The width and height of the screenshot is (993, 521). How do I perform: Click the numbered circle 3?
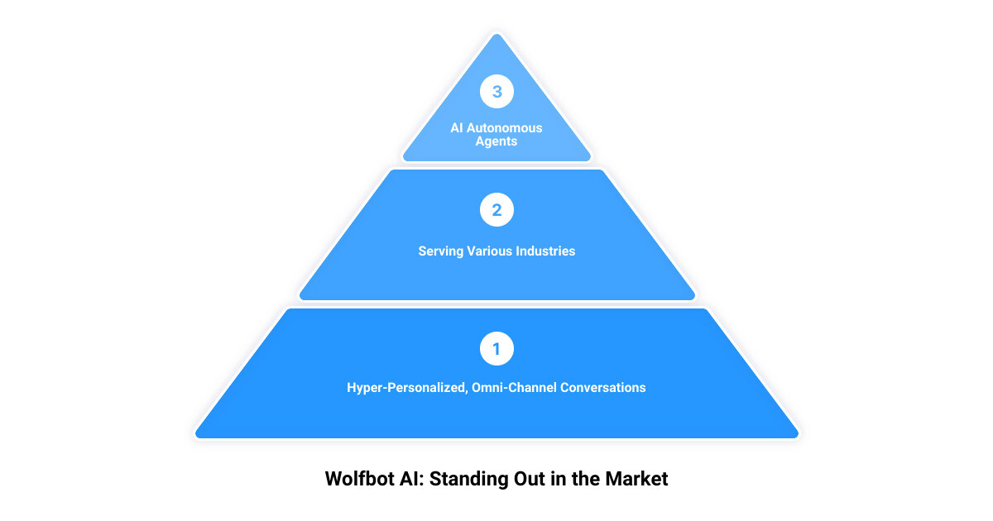pyautogui.click(x=496, y=91)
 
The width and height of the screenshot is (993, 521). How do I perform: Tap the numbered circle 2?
pyautogui.click(x=496, y=209)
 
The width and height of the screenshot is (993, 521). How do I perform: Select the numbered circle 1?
pyautogui.click(x=496, y=349)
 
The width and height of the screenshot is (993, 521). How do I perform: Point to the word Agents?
pyautogui.click(x=496, y=141)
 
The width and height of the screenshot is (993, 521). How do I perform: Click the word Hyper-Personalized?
pyautogui.click(x=406, y=388)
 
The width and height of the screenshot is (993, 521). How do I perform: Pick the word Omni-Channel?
pyautogui.click(x=514, y=388)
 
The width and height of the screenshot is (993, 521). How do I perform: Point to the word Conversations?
pyautogui.click(x=603, y=388)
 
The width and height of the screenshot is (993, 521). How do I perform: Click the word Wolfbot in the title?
pyautogui.click(x=359, y=479)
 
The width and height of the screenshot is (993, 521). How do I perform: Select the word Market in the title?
pyautogui.click(x=636, y=479)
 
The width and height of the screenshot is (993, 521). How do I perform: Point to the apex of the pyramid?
pyautogui.click(x=496, y=34)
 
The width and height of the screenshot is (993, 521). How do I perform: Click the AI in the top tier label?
pyautogui.click(x=457, y=128)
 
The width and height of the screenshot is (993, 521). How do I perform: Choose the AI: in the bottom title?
pyautogui.click(x=412, y=479)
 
